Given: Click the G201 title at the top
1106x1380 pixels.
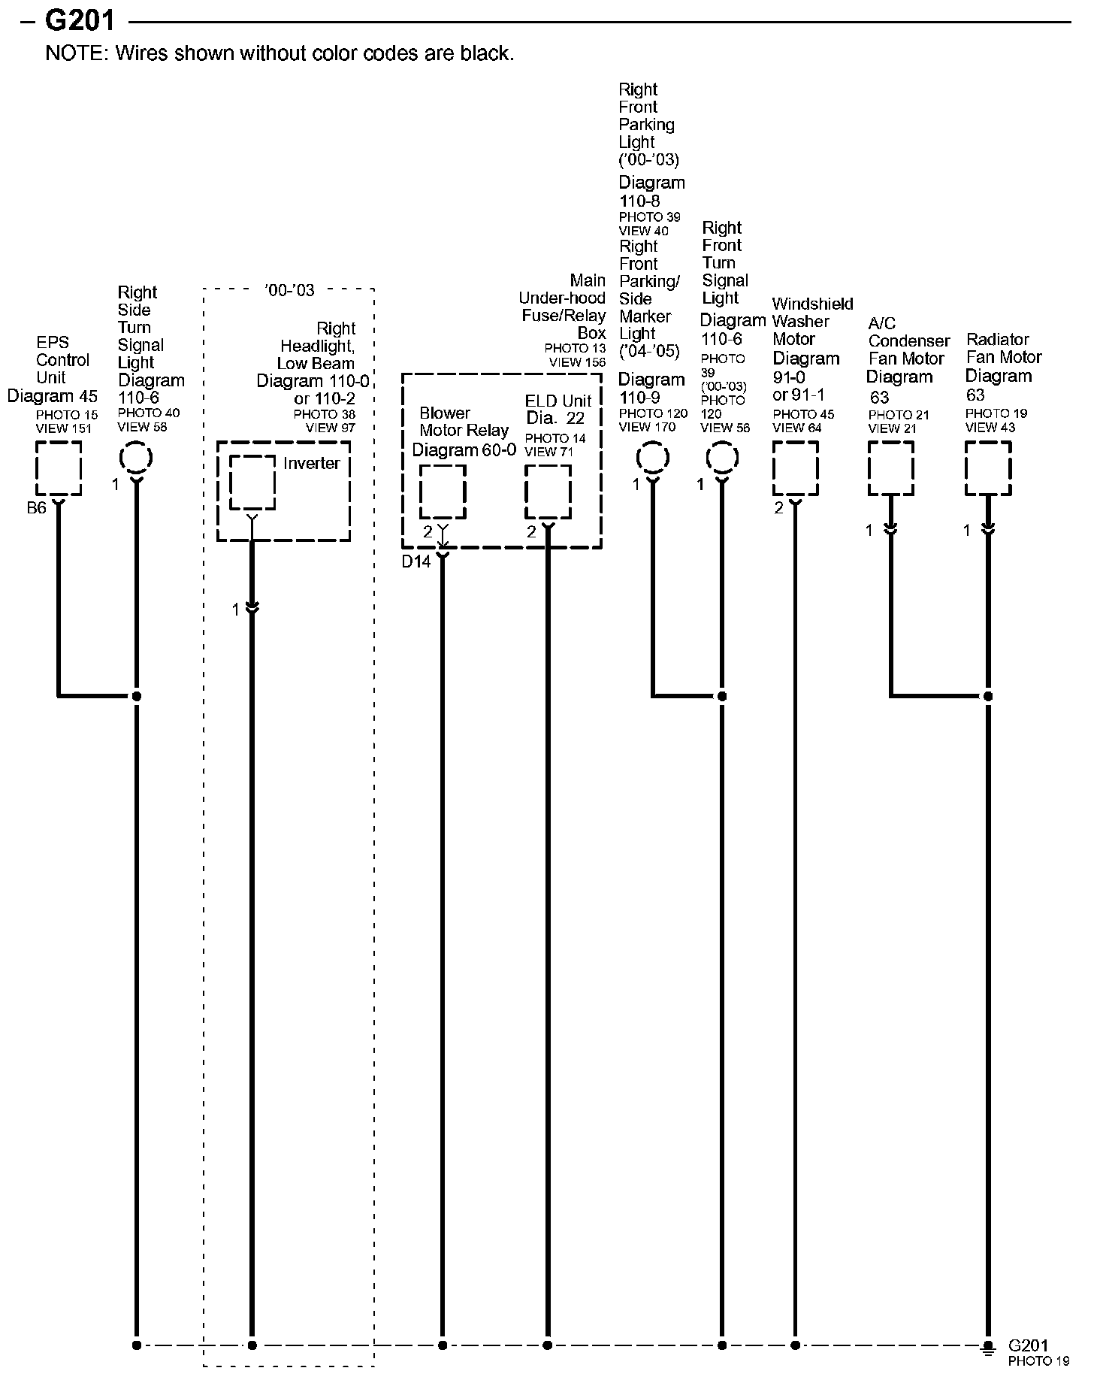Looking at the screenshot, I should click(80, 20).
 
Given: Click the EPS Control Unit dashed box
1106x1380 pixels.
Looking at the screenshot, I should click(59, 468).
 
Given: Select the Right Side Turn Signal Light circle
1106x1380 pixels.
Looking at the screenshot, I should click(137, 458).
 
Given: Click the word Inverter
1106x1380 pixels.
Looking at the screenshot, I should click(311, 464).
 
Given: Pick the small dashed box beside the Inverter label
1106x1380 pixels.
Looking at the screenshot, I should click(252, 483).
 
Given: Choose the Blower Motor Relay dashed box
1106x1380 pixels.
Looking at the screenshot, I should click(442, 492).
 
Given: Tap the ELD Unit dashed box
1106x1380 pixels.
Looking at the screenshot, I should click(547, 492).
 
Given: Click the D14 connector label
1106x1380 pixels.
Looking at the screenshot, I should click(416, 561).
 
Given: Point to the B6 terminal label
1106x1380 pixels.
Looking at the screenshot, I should click(36, 508).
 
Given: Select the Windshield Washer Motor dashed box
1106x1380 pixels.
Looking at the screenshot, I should click(795, 468).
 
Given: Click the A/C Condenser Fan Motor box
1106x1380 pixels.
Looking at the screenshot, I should click(890, 468).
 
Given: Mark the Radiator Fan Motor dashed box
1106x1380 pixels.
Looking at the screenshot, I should click(988, 468).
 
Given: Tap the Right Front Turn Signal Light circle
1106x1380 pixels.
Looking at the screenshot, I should click(722, 458).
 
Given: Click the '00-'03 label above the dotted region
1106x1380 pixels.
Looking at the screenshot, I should click(289, 290).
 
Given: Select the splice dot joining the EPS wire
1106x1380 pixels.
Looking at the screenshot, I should click(137, 696).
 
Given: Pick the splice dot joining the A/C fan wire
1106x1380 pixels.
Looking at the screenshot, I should click(988, 696).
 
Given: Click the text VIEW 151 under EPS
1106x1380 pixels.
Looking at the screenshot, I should click(64, 428).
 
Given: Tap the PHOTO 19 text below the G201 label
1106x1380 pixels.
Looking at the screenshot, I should click(1038, 1360).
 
